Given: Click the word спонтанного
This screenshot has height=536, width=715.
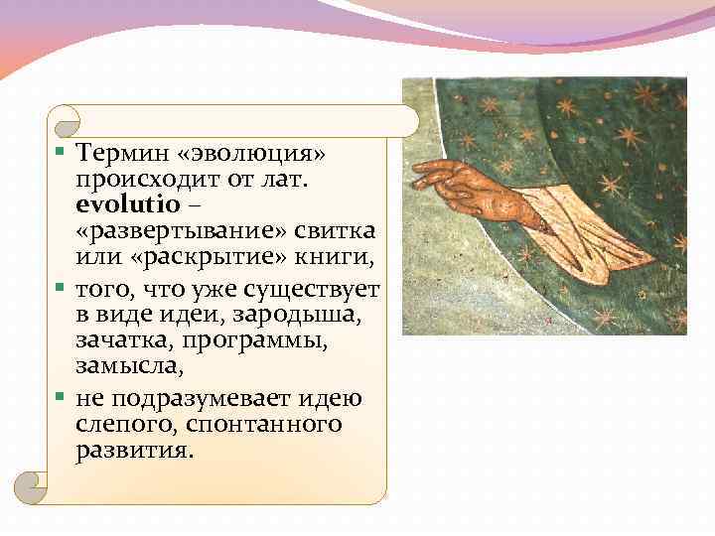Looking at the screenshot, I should point(258,424).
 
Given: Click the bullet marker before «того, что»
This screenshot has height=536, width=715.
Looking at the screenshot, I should point(62,289).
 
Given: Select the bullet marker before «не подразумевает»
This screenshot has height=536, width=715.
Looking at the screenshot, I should point(62,398).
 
